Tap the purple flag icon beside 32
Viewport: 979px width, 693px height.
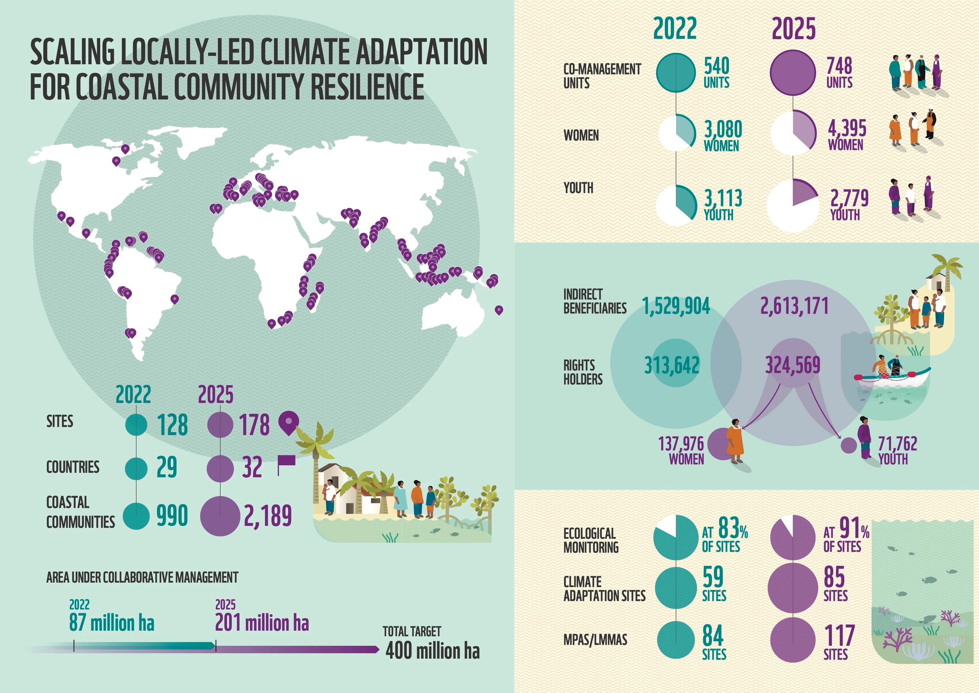pyautogui.click(x=286, y=464)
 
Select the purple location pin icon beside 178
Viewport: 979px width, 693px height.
pyautogui.click(x=289, y=423)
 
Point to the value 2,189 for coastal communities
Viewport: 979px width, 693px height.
pyautogui.click(x=268, y=516)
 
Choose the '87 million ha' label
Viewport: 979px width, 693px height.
pyautogui.click(x=112, y=622)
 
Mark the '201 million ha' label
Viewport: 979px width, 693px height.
pyautogui.click(x=262, y=622)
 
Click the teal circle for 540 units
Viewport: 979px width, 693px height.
pyautogui.click(x=676, y=73)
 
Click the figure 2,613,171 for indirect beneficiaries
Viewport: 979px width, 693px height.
pyautogui.click(x=794, y=306)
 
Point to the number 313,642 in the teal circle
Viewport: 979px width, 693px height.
pyautogui.click(x=672, y=365)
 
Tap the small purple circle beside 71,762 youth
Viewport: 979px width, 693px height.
pyautogui.click(x=849, y=445)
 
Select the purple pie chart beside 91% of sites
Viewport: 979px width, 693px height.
pyautogui.click(x=793, y=537)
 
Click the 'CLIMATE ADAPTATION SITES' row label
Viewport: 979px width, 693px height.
pyautogui.click(x=604, y=588)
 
